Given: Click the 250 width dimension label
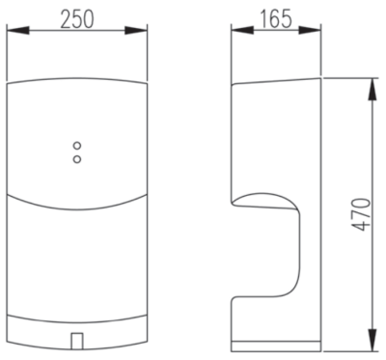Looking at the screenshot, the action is (x=77, y=18).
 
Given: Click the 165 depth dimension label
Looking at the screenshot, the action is (x=276, y=18).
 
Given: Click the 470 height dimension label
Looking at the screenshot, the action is (x=361, y=214).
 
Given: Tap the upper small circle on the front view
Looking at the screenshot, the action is (x=77, y=146).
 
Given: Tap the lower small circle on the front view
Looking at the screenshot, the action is (x=77, y=159).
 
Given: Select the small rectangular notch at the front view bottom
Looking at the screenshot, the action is (x=77, y=341).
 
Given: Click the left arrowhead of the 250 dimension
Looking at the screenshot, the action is (x=17, y=31).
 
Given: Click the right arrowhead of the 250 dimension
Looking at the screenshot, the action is (x=136, y=31).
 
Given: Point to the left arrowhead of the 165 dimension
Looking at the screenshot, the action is (x=242, y=30).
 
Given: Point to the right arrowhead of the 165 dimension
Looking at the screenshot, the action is (x=310, y=30).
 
